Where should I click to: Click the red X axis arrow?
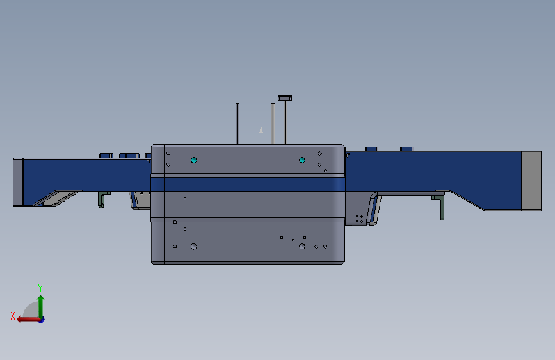[x=26, y=319]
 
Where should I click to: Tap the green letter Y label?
[x=40, y=288]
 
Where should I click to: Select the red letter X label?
[x=12, y=315]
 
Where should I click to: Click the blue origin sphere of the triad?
[x=41, y=319]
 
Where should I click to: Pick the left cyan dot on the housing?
[x=194, y=160]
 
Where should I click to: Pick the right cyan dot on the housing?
[x=302, y=160]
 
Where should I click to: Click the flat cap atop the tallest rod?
[x=285, y=98]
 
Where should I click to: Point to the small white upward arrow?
[x=261, y=133]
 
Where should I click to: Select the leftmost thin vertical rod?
[x=237, y=123]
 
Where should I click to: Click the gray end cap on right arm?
[x=531, y=181]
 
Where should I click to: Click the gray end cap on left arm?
[x=18, y=182]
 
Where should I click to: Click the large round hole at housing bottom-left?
[x=194, y=246]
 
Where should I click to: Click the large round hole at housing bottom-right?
[x=302, y=246]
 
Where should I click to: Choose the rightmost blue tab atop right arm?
[x=406, y=149]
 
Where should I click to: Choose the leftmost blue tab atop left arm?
[x=106, y=155]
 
